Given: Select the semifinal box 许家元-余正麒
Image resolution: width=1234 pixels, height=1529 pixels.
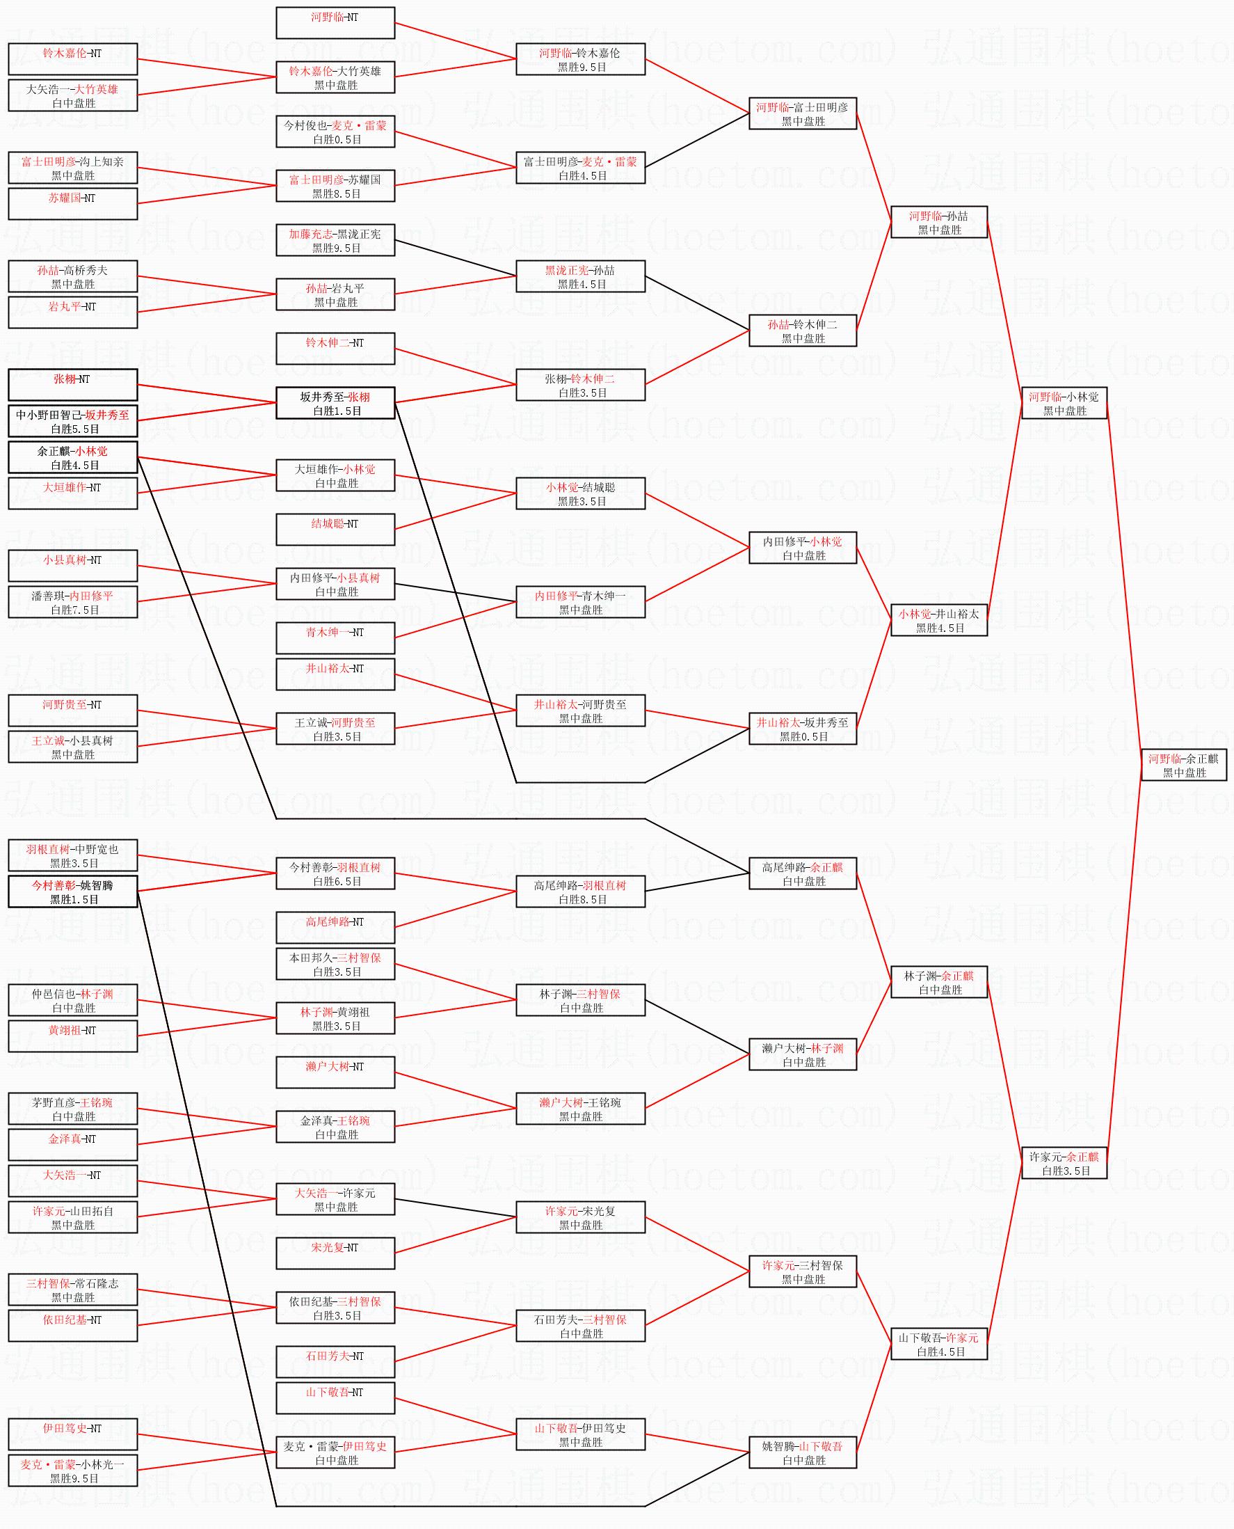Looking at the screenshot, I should click(1064, 1163).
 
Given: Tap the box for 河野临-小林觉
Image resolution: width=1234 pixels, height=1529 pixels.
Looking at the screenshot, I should click(1064, 403).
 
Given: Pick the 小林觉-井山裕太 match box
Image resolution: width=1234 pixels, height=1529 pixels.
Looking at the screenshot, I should click(938, 620).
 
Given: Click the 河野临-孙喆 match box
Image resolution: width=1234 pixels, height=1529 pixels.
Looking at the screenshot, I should click(938, 222).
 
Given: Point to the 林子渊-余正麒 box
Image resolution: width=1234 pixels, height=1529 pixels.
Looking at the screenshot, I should click(938, 982).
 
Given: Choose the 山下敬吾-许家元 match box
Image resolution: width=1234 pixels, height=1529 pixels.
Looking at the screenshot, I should click(938, 1344).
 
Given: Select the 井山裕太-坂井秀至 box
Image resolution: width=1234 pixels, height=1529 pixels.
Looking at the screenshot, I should click(802, 729).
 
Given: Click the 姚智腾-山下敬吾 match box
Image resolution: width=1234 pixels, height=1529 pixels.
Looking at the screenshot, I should click(802, 1453).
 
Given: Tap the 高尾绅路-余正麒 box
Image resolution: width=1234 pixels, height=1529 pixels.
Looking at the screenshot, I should click(802, 873).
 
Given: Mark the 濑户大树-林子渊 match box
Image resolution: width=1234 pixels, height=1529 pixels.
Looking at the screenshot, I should click(802, 1054).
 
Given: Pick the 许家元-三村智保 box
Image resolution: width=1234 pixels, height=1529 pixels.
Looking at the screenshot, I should click(802, 1271).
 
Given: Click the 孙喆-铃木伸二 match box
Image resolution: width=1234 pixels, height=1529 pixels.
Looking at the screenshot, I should click(802, 331).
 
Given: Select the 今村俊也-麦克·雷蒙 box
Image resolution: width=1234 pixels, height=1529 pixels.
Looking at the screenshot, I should click(335, 132).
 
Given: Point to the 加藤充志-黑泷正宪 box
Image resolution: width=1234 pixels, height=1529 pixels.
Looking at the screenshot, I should click(335, 240).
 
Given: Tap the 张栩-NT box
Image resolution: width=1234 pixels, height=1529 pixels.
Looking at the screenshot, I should click(72, 385).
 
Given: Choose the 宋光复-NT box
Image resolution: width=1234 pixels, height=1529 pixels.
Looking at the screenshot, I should click(335, 1253).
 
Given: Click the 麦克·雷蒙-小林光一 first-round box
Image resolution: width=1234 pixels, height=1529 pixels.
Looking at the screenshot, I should click(72, 1471).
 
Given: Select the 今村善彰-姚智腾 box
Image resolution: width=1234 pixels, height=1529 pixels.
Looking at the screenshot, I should click(72, 892).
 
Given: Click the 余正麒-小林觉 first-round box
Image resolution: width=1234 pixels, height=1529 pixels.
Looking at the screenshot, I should click(72, 457).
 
